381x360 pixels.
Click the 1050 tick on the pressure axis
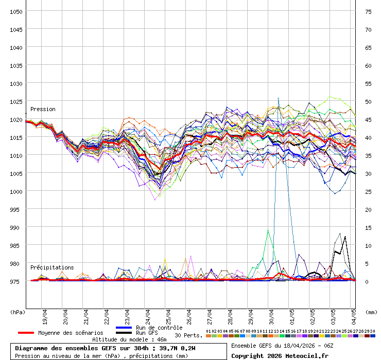15,11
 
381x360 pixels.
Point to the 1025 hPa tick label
15,101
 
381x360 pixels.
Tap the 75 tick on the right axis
368,11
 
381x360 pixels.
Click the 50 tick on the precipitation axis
368,101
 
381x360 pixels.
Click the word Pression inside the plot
43,109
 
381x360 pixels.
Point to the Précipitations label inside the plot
52,267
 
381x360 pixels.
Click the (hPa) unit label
18,312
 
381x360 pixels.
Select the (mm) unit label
371,312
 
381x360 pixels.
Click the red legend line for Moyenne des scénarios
26,333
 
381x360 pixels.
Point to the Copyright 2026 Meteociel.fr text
280,355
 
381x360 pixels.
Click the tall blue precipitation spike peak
279,98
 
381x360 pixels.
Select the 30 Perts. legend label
188,335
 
